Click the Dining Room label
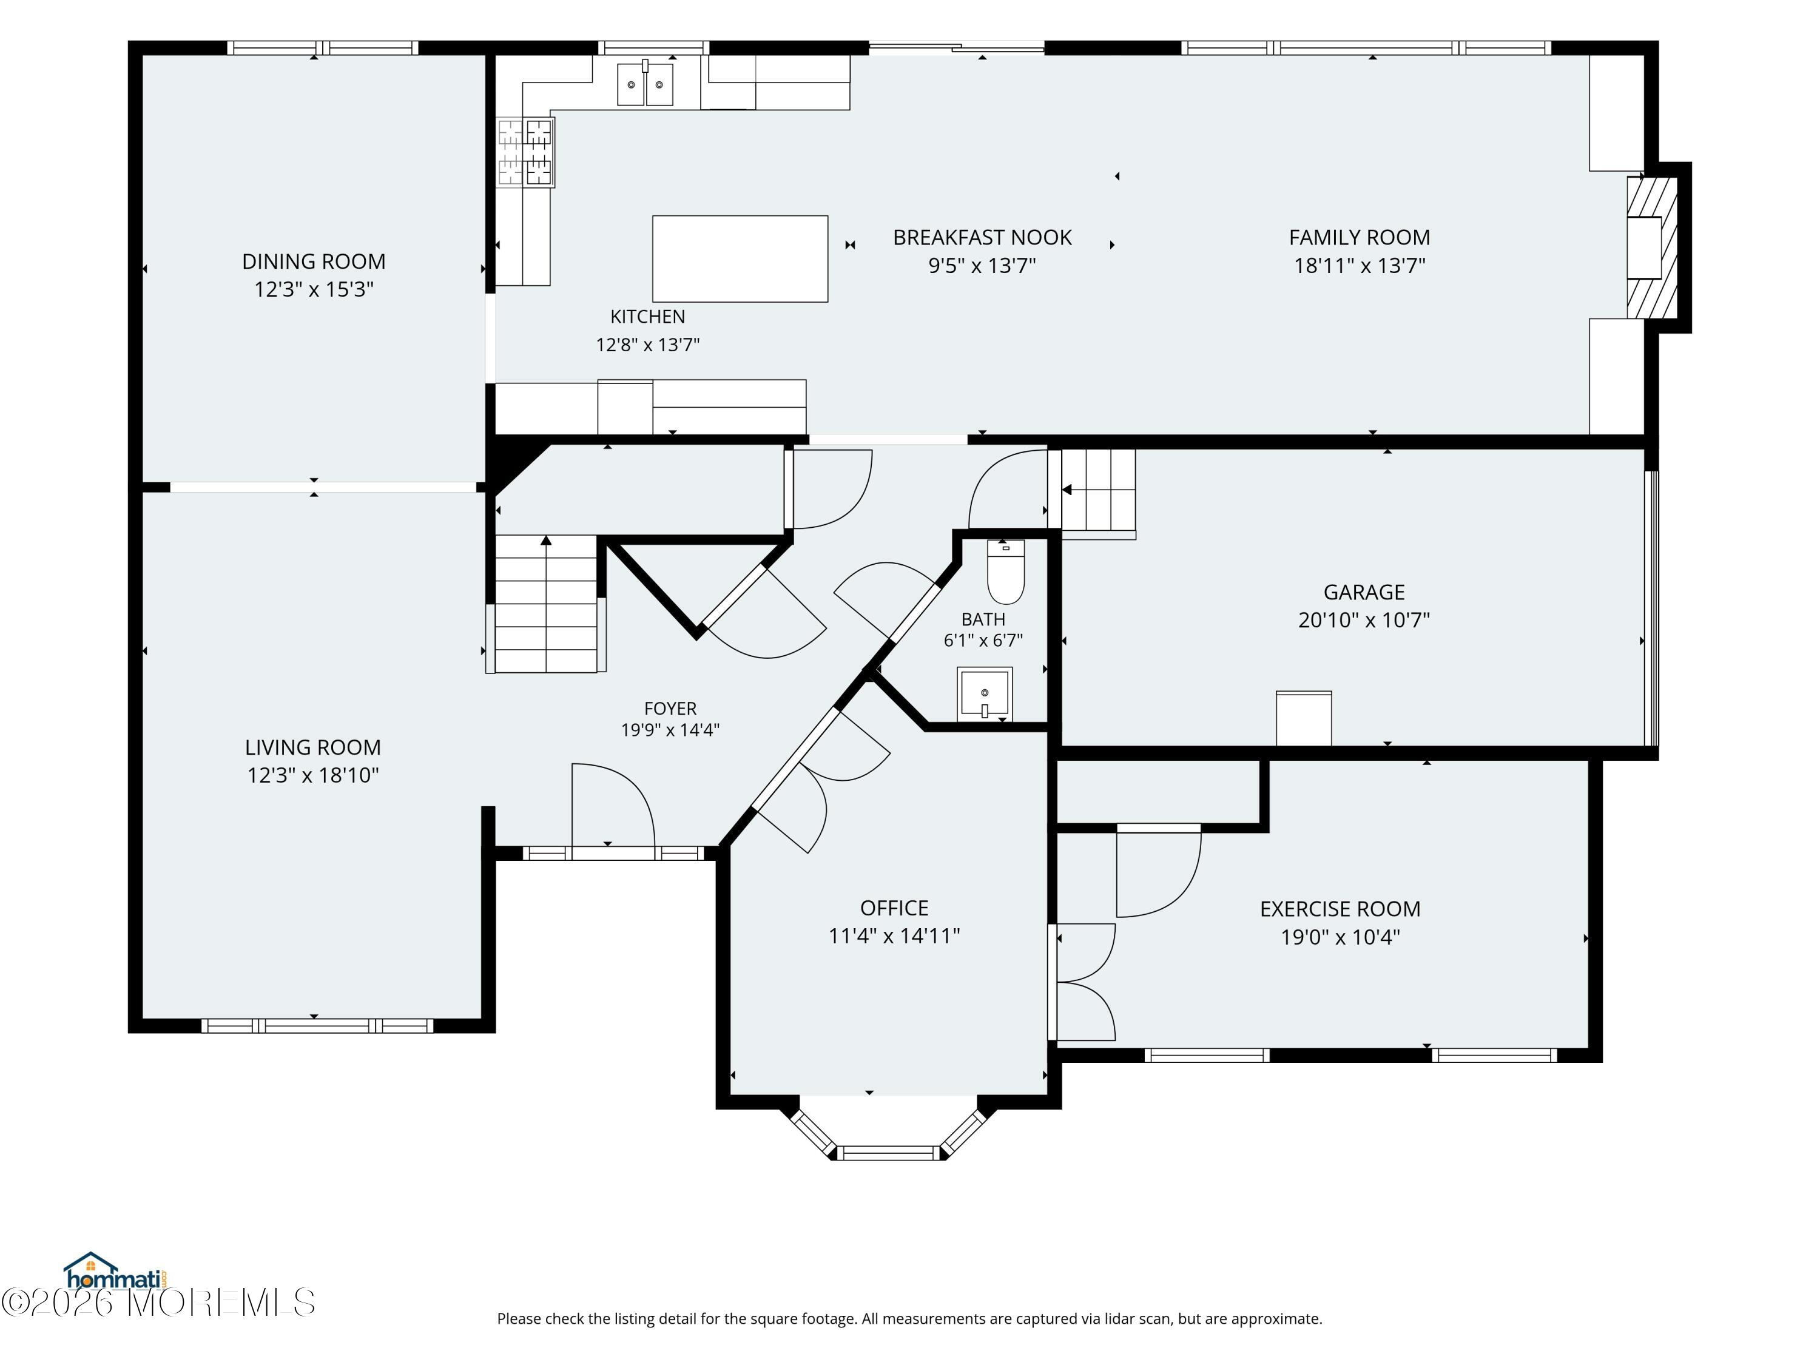coord(314,261)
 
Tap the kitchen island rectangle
coord(740,259)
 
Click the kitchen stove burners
coord(525,152)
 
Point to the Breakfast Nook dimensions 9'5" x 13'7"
coord(982,266)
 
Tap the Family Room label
coord(1360,238)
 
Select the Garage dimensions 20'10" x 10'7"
coord(1363,621)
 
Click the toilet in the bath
coord(1005,572)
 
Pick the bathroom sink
coord(984,693)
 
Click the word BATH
coord(983,619)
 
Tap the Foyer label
coord(670,709)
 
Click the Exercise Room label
coord(1340,909)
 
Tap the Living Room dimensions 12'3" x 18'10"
coord(312,776)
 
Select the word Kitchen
coord(647,317)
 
